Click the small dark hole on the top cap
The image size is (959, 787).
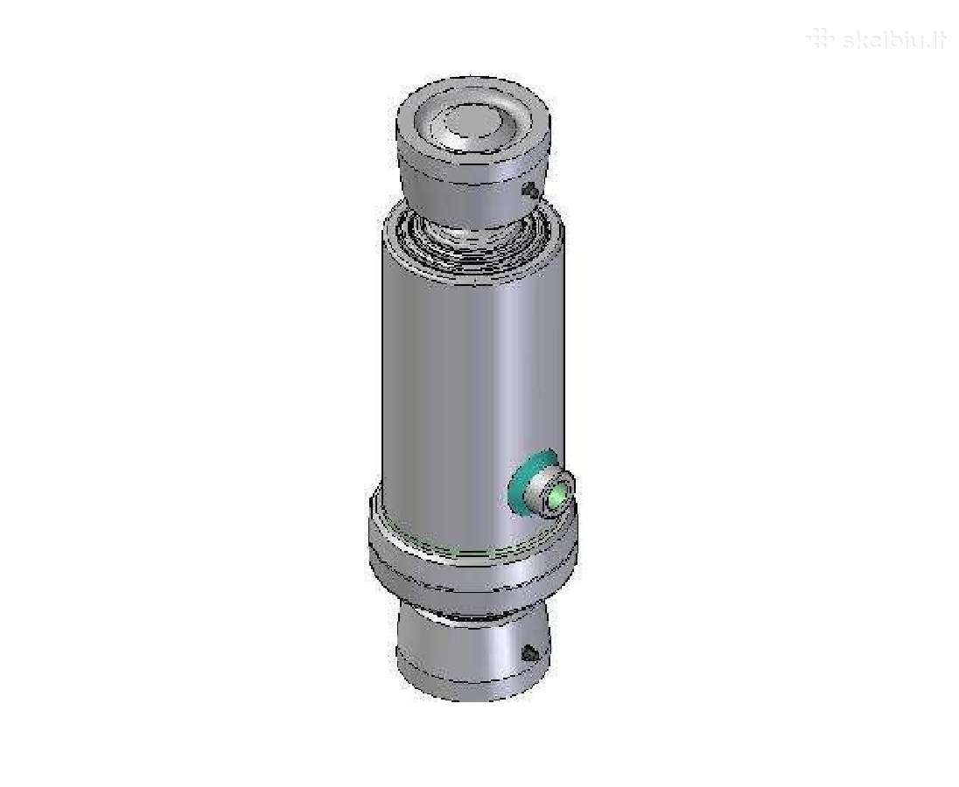[x=532, y=192]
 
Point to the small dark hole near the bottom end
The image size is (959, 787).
[x=530, y=654]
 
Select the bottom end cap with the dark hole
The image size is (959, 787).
[x=472, y=657]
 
